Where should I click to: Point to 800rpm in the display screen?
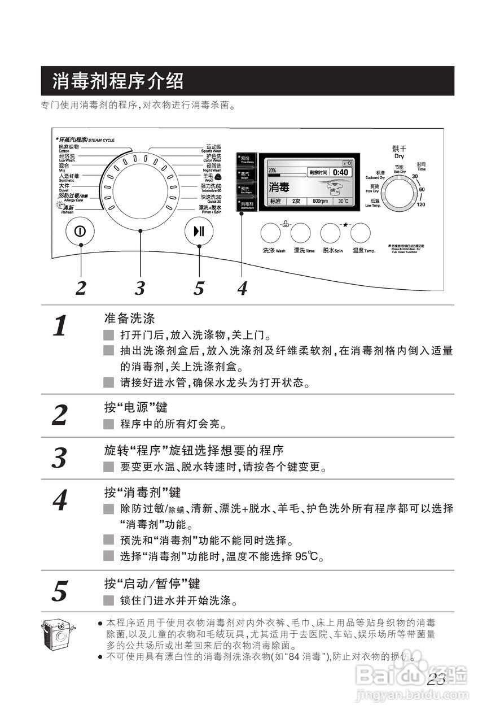tap(320, 201)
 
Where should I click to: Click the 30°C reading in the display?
tap(343, 201)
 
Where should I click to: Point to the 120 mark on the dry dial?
tap(421, 204)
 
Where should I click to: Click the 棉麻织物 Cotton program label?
tap(69, 148)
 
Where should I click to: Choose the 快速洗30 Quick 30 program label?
tap(211, 198)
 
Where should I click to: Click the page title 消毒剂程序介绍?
tap(118, 81)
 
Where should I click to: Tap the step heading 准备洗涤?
tap(129, 318)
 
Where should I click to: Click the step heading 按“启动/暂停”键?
tap(152, 583)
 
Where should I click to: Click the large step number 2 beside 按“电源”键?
tap(60, 416)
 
